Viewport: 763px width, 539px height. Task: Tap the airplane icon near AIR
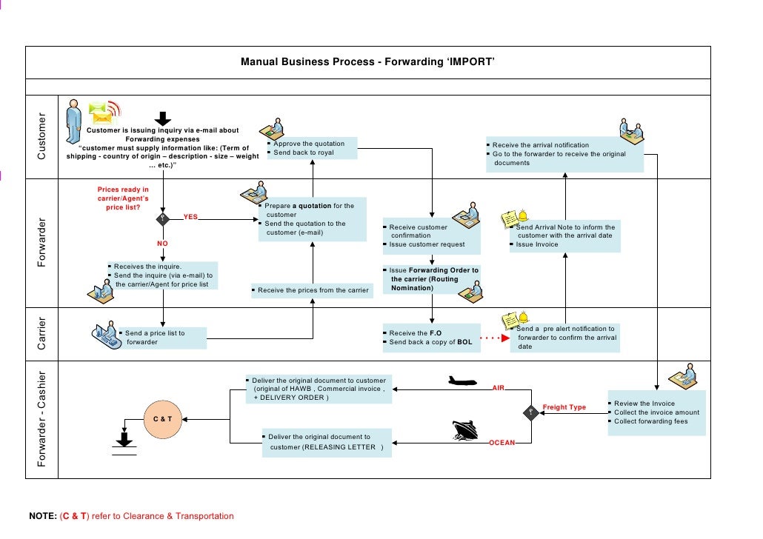coord(464,382)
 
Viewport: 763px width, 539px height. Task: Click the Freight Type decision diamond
coord(530,412)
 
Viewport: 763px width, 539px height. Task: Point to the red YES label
coord(190,218)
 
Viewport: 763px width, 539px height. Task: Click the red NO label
coord(162,243)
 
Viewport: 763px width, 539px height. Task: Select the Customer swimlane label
coord(41,136)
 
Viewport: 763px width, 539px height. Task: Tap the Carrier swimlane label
coord(41,334)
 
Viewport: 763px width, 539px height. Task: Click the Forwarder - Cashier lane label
coord(41,419)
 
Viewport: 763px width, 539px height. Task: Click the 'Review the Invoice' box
coord(656,412)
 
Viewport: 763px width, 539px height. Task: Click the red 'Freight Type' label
coord(564,407)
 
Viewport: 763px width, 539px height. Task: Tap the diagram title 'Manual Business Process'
coord(367,62)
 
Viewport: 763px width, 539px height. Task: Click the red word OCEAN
coord(502,443)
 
